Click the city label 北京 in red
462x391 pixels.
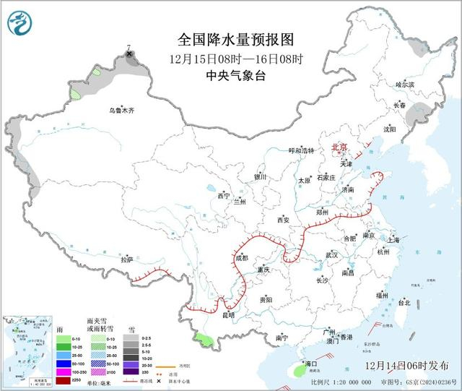[339, 147]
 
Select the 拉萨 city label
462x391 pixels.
[127, 259]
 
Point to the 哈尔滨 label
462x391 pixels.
[406, 85]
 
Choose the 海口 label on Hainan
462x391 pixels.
[311, 364]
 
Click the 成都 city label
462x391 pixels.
[240, 257]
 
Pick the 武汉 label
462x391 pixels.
[332, 254]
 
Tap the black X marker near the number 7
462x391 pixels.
[129, 54]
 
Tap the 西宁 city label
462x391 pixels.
[223, 196]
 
